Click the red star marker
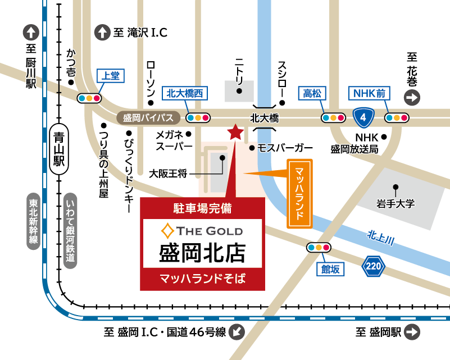(x=234, y=133)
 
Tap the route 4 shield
(x=364, y=117)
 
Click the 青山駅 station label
(x=57, y=148)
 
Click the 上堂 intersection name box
(x=110, y=76)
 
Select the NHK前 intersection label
(x=369, y=94)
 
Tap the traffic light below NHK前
(x=396, y=118)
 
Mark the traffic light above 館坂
(x=318, y=248)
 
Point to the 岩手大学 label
(x=396, y=203)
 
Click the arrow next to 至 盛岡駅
(x=412, y=332)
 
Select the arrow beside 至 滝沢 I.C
(x=102, y=33)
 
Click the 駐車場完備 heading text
(x=202, y=208)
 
